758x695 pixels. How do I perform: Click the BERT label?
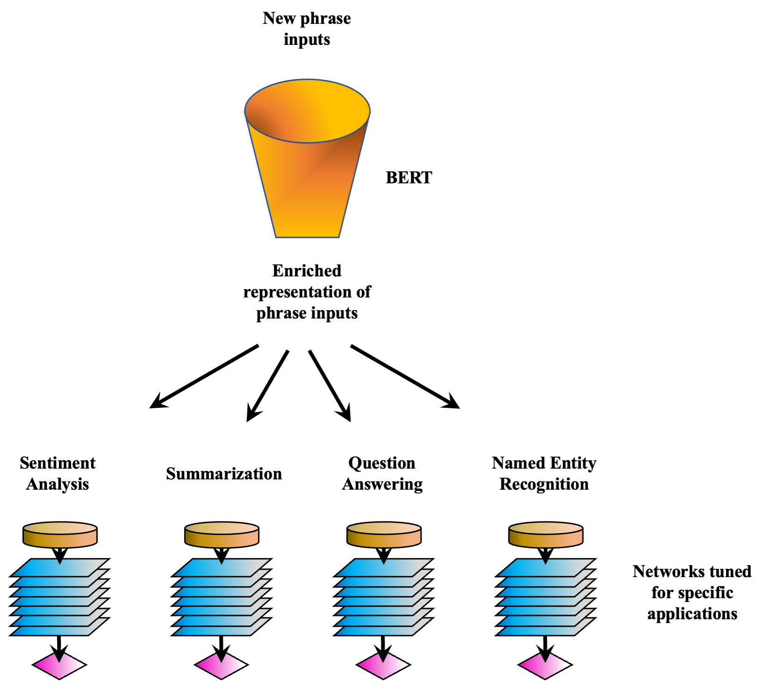[409, 178]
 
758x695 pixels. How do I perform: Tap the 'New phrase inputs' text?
[307, 29]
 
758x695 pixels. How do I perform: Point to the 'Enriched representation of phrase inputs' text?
[307, 292]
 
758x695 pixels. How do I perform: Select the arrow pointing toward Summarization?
[267, 386]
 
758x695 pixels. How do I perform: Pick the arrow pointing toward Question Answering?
[329, 386]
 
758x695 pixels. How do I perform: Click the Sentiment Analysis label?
[57, 473]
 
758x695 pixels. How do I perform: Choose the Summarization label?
[224, 474]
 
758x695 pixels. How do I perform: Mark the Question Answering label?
[382, 473]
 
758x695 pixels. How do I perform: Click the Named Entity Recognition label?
[544, 473]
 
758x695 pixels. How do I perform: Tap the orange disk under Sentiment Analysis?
[60, 535]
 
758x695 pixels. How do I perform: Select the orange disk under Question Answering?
[384, 535]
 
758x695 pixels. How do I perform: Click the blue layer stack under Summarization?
[222, 597]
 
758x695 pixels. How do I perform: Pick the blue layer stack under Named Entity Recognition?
[545, 597]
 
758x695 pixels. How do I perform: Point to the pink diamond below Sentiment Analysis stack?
[59, 664]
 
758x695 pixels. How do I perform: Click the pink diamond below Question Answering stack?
[383, 664]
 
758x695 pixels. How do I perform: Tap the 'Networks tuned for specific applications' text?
[692, 593]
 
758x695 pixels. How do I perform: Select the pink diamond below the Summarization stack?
[221, 664]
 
